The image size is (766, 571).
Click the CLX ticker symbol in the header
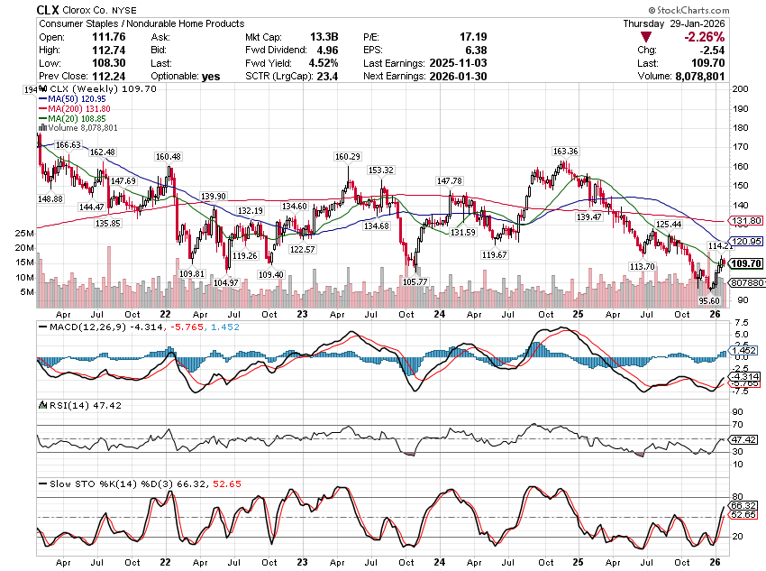point(48,8)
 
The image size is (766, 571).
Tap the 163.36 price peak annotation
point(565,151)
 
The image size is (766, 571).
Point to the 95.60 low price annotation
point(709,300)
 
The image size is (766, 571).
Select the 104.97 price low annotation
point(225,282)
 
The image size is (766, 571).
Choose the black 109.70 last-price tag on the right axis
point(744,262)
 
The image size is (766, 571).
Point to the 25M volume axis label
point(25,233)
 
